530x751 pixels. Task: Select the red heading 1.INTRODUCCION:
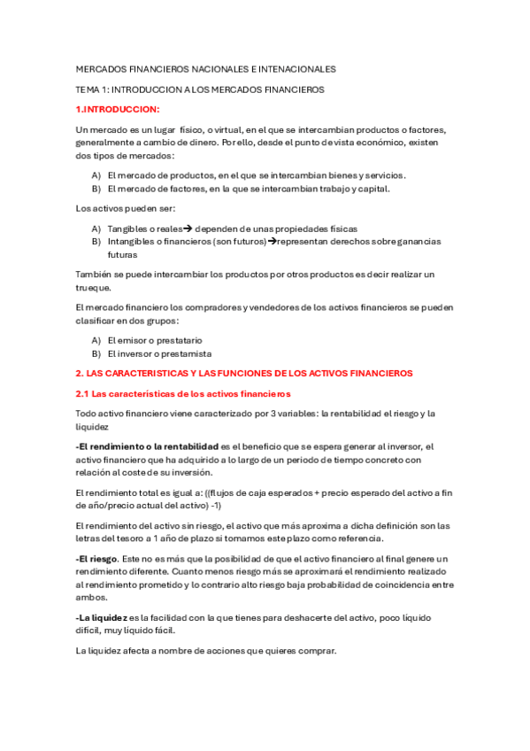[x=118, y=109]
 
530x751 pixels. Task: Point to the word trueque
[x=94, y=288]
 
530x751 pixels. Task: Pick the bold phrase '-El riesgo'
[x=94, y=559]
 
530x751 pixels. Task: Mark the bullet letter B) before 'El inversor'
[x=96, y=353]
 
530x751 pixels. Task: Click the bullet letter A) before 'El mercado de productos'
[x=96, y=175]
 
